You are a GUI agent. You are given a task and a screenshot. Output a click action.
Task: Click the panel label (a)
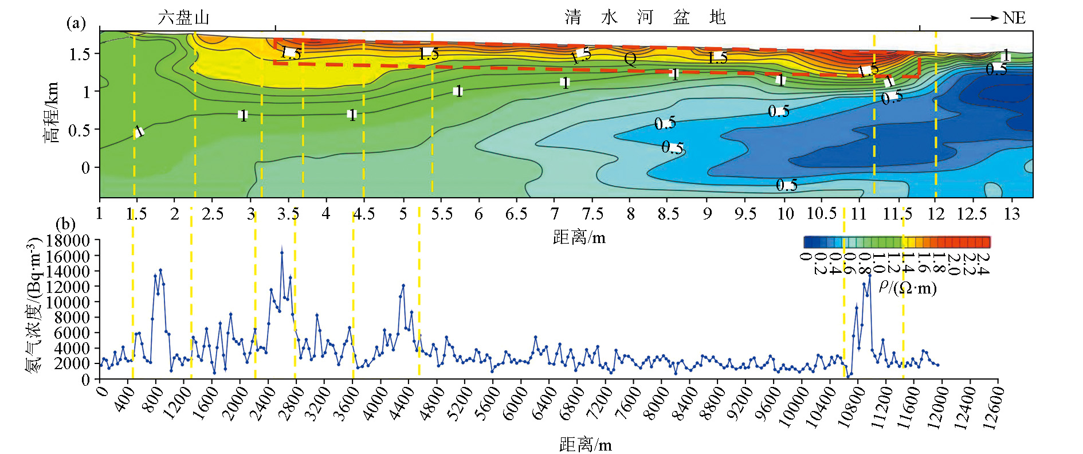(76, 23)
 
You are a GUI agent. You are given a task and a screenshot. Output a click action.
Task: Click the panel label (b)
(65, 224)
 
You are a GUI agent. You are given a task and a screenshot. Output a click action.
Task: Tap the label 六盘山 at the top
(183, 18)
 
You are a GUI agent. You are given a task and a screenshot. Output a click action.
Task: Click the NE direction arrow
(984, 18)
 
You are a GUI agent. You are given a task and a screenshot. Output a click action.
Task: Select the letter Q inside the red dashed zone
(630, 59)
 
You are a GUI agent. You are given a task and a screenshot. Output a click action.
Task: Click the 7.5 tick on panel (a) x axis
(592, 214)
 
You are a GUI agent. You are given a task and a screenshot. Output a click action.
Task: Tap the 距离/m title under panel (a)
(579, 237)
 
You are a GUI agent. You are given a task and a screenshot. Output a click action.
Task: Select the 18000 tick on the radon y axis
(68, 241)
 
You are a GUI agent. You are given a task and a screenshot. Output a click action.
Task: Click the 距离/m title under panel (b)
(585, 445)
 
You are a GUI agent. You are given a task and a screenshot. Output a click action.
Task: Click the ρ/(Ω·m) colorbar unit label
(908, 287)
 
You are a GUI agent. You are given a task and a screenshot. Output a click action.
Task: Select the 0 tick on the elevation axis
(85, 168)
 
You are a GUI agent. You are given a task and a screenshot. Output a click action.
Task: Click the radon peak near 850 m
(160, 269)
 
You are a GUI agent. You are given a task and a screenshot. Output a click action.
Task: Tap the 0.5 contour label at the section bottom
(786, 185)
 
